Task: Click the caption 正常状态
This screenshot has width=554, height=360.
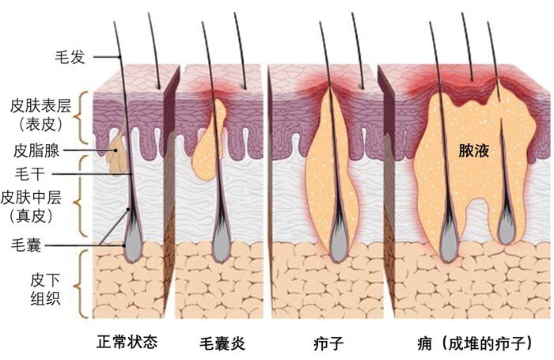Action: coord(127,343)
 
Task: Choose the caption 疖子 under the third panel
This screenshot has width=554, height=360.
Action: coord(328,344)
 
